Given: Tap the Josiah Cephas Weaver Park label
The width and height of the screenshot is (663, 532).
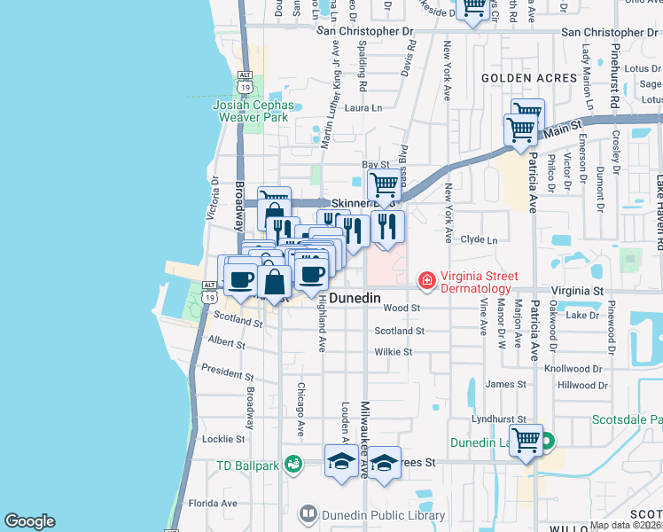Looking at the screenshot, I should coord(252,110).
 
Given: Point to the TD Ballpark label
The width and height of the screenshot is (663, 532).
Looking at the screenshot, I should coord(247,465).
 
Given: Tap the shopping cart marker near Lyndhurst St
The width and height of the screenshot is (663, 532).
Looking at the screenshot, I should coord(526,439).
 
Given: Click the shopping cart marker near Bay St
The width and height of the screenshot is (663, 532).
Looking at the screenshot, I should coord(383,184).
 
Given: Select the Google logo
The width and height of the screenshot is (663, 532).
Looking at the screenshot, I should coord(29,521).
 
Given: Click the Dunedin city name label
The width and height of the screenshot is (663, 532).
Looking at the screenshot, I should coord(355,300).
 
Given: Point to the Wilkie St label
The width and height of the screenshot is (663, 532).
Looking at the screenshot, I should coord(394,352).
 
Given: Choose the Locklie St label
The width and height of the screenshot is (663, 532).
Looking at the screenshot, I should coord(223,439).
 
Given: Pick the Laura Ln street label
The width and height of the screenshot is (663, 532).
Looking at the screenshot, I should coord(363,108).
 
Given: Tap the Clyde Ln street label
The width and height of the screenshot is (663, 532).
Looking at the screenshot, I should coord(480,239).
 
